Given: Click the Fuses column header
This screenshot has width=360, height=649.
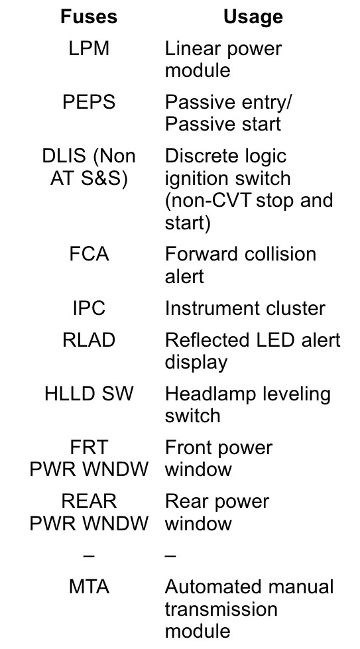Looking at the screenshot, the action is (x=89, y=17).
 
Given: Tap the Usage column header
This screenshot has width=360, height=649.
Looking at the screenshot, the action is (x=253, y=17).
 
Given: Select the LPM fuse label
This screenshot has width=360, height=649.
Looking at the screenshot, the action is (x=89, y=48).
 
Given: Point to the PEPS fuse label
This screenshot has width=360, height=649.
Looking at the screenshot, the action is (x=89, y=102).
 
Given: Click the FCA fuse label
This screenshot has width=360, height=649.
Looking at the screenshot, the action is (x=89, y=254).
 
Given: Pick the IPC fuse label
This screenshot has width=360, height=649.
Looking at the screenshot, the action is (x=89, y=308).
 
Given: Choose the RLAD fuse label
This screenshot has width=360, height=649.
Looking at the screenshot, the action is (x=89, y=340).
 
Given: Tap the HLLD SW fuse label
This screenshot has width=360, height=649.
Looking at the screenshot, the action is (x=89, y=393).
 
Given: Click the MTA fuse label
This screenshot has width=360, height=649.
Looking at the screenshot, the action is (x=89, y=587).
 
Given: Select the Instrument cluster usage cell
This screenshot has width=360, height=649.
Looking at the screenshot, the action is (x=245, y=308).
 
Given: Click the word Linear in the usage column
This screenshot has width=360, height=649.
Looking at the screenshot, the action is (x=189, y=48).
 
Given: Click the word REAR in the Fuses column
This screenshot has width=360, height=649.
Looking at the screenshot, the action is (x=89, y=501).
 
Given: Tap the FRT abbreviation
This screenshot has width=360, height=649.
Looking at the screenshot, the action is (x=89, y=447).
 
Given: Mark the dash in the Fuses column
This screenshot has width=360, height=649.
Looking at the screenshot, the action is (x=89, y=555).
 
